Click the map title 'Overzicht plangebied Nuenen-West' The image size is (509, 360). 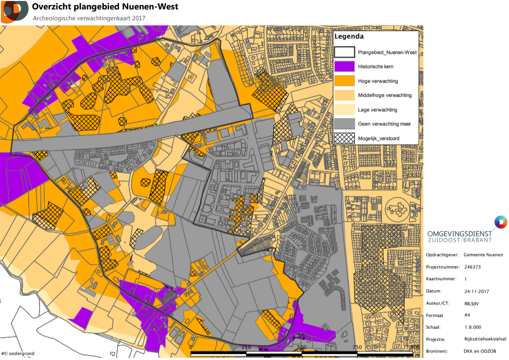105,7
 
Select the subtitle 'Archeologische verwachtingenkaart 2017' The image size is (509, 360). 89,18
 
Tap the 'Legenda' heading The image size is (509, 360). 349,37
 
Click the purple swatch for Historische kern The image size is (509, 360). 344,67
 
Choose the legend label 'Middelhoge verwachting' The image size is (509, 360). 384,95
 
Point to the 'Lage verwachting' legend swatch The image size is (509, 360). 344,110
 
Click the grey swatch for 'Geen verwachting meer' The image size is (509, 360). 344,124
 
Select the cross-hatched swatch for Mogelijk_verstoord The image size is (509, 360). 344,138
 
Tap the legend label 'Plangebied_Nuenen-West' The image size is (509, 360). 387,53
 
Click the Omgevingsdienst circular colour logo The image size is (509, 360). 500,222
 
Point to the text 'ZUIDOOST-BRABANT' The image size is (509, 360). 460,240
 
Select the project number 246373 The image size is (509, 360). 472,267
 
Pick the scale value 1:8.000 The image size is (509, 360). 472,328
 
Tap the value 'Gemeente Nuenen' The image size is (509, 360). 483,255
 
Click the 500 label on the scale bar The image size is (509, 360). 302,347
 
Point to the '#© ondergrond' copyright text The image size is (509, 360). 17,354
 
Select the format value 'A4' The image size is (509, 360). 467,315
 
